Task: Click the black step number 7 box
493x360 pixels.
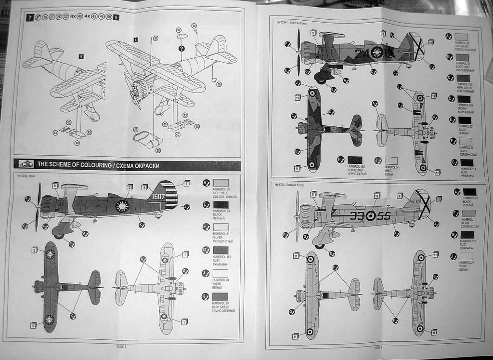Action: [30, 17]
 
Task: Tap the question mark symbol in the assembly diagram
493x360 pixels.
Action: [182, 49]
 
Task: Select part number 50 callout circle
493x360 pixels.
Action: [156, 38]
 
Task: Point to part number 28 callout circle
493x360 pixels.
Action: [158, 150]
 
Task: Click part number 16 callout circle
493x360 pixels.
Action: [219, 84]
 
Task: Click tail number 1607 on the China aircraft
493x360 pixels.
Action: [159, 197]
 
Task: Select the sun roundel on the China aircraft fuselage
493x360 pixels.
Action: [122, 206]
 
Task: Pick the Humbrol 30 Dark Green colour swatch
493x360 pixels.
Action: [220, 296]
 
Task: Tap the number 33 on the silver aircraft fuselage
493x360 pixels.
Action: [357, 216]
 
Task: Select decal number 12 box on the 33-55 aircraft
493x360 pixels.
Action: [377, 195]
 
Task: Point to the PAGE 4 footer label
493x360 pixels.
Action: [121, 346]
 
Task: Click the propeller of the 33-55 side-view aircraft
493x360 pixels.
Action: [297, 215]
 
